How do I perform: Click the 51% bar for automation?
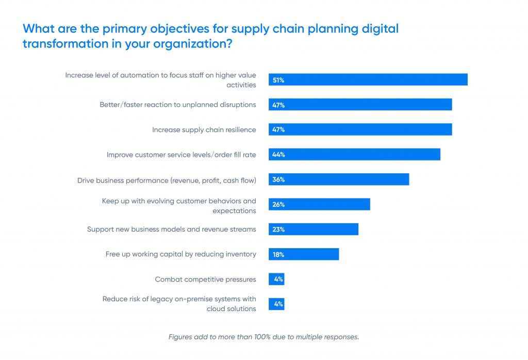click(368, 79)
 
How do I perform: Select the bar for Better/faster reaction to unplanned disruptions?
click(360, 105)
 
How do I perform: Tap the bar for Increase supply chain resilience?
click(360, 129)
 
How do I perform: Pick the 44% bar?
click(354, 154)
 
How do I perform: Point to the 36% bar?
click(339, 179)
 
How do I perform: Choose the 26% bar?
click(319, 204)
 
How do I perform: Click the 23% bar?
click(313, 229)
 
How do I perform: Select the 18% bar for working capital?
click(304, 254)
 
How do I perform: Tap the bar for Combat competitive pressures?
click(276, 279)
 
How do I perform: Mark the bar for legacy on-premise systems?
click(276, 304)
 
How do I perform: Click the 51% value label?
click(278, 80)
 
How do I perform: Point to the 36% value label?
click(278, 179)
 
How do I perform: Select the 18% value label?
click(278, 254)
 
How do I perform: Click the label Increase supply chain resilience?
click(204, 129)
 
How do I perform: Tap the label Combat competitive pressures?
click(205, 279)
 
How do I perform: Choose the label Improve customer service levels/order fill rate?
click(181, 154)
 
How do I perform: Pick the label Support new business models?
click(171, 229)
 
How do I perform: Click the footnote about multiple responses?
click(263, 337)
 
